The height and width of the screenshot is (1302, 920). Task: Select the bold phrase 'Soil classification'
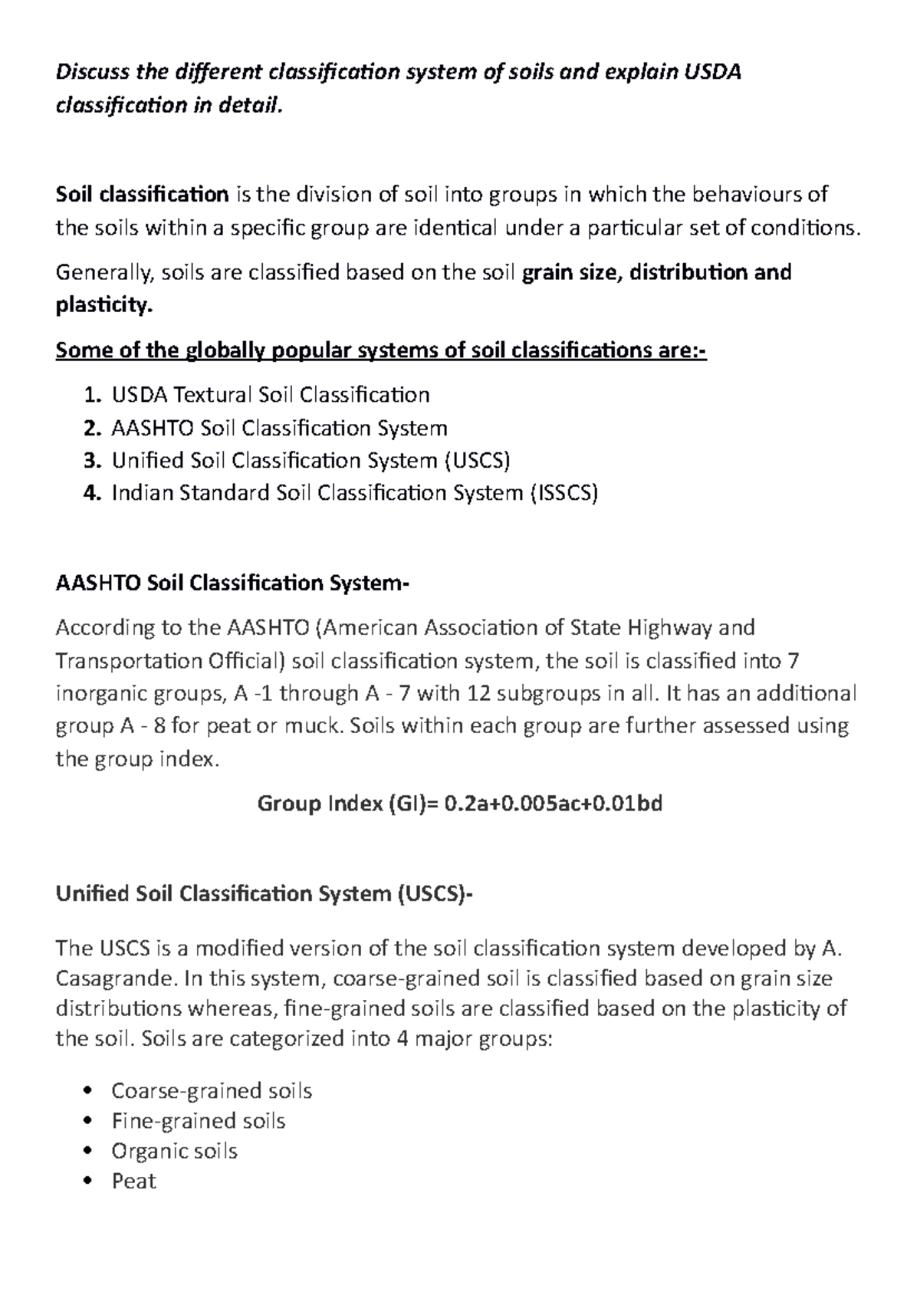(143, 195)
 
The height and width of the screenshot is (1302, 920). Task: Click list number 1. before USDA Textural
(91, 396)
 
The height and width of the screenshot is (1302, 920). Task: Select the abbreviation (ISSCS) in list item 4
(563, 493)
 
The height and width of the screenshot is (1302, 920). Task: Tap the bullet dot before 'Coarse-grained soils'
(90, 1091)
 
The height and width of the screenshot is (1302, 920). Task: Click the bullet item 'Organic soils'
(174, 1152)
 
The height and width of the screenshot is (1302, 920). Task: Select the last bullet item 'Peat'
(133, 1182)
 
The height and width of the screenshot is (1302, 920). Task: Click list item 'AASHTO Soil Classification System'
(279, 429)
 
